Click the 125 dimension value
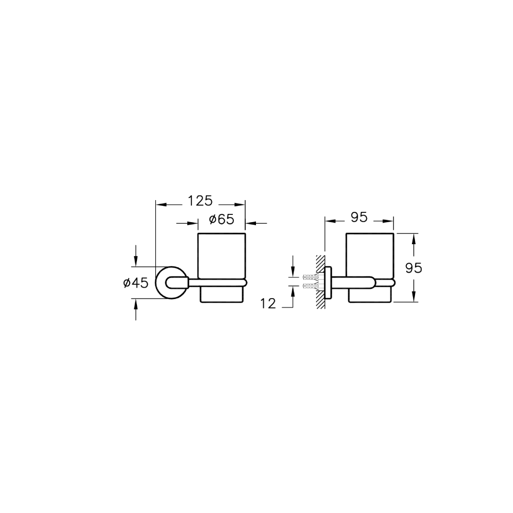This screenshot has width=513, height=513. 200,201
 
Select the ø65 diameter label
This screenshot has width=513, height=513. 222,219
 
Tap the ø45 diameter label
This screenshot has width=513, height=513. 136,283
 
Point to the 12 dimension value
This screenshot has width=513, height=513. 268,304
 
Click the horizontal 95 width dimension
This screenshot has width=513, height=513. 359,217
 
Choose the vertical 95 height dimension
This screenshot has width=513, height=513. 413,268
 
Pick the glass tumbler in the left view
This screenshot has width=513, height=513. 222,268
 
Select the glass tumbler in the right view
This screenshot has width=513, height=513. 370,268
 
